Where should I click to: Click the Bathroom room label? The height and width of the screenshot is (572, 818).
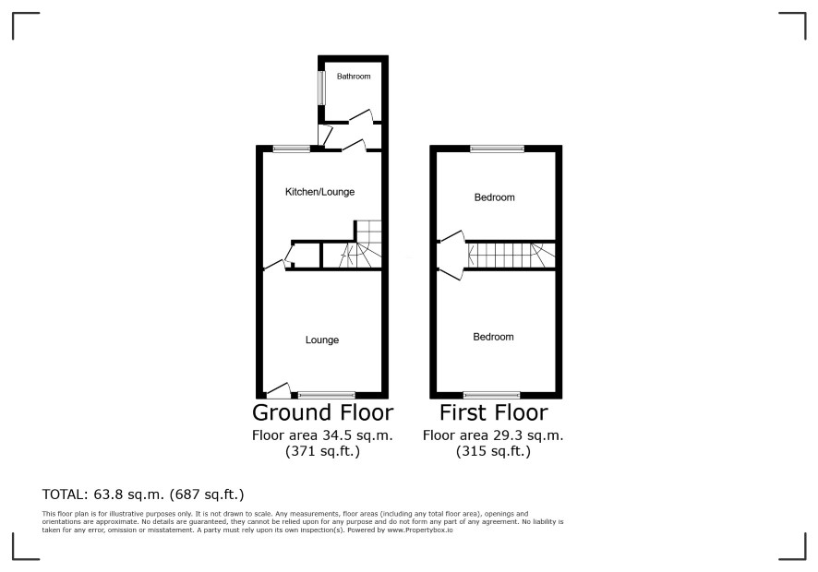pos(354,77)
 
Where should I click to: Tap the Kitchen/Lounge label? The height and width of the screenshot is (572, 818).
pos(319,192)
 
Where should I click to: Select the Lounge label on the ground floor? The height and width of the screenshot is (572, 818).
pos(322,340)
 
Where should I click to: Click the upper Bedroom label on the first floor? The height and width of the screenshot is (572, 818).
pos(494,197)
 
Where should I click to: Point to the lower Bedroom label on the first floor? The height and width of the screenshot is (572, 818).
pos(493,337)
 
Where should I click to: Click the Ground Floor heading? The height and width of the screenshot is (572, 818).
pos(322,412)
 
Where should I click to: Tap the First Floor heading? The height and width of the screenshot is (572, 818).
pos(494,412)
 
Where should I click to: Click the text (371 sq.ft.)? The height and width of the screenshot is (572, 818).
pos(322,451)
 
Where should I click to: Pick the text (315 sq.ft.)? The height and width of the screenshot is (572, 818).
pos(493,451)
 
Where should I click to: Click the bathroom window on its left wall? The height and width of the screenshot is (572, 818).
pos(322,87)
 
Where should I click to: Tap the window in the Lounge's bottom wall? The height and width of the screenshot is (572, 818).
pos(327,395)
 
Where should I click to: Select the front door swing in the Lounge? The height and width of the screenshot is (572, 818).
pos(278,390)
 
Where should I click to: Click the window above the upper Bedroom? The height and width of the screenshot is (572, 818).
pos(497,149)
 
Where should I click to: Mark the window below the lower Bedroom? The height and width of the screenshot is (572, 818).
pos(491,395)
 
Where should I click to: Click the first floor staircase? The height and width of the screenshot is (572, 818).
pos(511,256)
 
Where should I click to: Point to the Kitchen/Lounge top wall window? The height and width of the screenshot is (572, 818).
pos(291,149)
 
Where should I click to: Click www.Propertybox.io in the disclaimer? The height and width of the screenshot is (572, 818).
pos(419,530)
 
